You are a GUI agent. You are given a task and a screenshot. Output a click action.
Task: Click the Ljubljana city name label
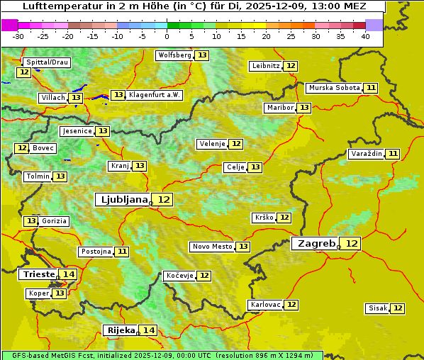(x=122, y=200)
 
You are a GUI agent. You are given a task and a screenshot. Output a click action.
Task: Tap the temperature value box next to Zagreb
(x=352, y=244)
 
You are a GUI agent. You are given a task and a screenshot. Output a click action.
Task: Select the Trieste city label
(x=39, y=274)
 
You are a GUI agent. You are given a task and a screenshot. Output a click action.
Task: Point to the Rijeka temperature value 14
(x=148, y=330)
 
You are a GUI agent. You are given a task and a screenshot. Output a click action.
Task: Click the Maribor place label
(x=279, y=108)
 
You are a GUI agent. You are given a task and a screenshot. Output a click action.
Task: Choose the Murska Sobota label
(x=333, y=88)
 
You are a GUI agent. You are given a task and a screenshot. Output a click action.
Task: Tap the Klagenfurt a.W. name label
(x=155, y=95)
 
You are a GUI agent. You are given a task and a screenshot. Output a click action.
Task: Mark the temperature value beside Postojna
(x=122, y=252)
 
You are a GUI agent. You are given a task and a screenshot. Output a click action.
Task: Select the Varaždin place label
(x=367, y=154)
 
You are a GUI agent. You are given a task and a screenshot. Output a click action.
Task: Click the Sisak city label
(x=377, y=308)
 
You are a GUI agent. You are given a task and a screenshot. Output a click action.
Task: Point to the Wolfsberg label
(x=174, y=55)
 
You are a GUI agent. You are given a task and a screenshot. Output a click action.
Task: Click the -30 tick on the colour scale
(x=18, y=36)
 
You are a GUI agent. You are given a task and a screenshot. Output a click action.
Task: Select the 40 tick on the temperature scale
(x=365, y=36)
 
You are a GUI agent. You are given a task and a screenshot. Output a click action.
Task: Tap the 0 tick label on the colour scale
(x=167, y=36)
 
